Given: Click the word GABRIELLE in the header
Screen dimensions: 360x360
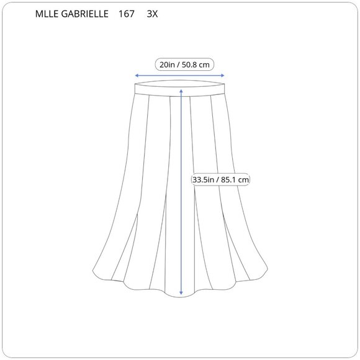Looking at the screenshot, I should (x=84, y=13).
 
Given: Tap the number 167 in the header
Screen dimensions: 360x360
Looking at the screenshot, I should (x=127, y=13).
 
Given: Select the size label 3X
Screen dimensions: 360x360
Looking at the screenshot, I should (x=152, y=13).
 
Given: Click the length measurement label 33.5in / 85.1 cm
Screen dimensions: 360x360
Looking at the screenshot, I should (x=221, y=179).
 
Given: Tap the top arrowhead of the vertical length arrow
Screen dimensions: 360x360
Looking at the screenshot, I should (x=181, y=89).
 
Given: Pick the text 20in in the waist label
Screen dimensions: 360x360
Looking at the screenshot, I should (x=166, y=64).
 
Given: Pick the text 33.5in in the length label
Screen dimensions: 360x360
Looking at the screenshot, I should (x=204, y=179).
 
